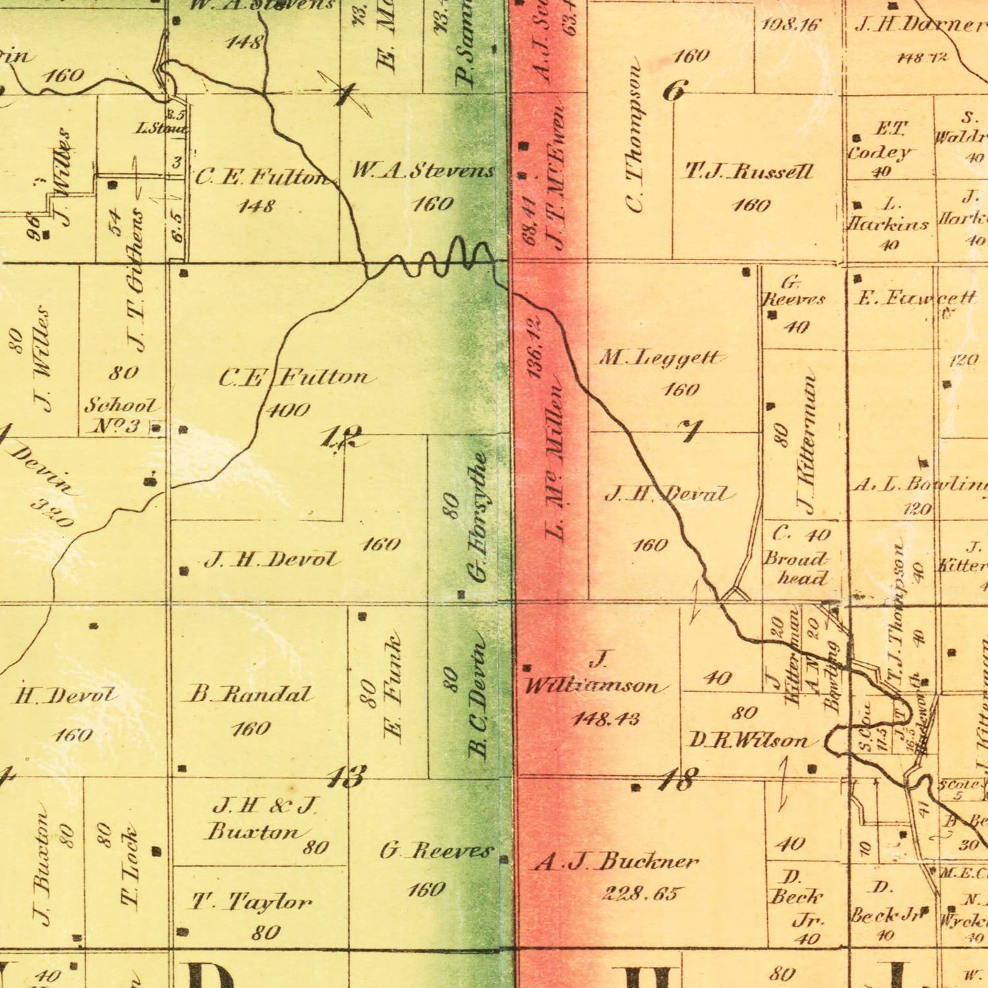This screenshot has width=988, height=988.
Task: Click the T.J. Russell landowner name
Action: [750, 173]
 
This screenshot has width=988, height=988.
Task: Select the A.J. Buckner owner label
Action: [617, 862]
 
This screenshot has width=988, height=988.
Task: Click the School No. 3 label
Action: [120, 415]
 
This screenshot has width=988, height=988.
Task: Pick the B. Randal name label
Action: [250, 694]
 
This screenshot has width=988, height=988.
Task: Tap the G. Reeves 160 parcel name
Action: [436, 851]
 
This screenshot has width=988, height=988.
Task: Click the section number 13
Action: [346, 777]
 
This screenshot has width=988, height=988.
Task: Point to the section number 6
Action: [675, 91]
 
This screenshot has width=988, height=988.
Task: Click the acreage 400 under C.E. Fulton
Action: [288, 411]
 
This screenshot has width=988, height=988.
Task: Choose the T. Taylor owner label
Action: [251, 901]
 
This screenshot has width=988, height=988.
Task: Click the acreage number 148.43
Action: [606, 718]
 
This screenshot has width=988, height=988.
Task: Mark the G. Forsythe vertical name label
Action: [479, 517]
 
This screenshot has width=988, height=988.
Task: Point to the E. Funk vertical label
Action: [393, 688]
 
